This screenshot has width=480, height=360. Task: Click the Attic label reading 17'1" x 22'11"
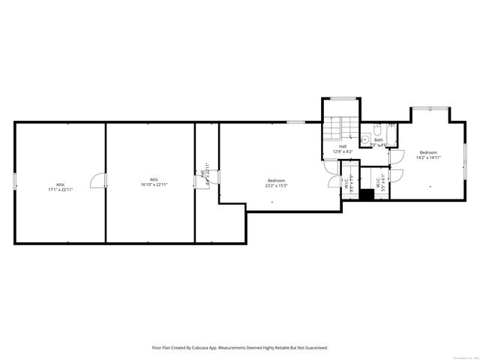coord(60,187)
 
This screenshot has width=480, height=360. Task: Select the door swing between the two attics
coord(97,181)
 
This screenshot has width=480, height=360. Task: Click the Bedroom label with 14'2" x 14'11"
coord(427,155)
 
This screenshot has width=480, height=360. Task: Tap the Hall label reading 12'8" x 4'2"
coord(342,148)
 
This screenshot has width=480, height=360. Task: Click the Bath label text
coord(379,139)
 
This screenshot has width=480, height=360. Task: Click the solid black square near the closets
coord(366,194)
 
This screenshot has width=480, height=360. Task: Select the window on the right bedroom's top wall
coord(430,108)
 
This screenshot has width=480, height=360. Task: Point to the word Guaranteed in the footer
coord(314,347)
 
